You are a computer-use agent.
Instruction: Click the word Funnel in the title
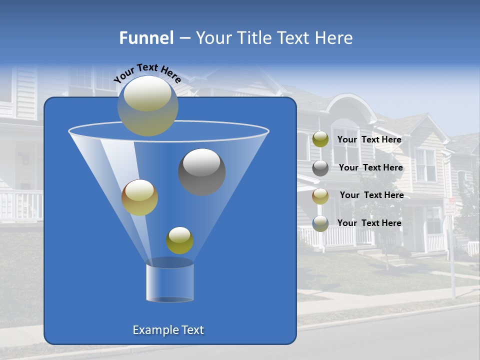146,37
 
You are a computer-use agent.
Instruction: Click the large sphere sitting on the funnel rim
147,105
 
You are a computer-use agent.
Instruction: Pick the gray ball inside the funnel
201,171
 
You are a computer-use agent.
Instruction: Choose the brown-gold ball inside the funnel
139,197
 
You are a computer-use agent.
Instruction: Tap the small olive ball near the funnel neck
179,240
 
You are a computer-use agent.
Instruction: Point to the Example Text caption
168,330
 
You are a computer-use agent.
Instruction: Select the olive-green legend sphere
320,139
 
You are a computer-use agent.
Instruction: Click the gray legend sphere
320,167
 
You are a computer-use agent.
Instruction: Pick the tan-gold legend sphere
320,195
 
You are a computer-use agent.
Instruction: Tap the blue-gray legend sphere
320,223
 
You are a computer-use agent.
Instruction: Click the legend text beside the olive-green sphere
369,139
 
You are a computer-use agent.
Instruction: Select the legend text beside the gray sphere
370,167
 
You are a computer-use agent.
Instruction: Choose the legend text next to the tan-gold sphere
371,195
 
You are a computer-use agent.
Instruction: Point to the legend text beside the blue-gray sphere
369,223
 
